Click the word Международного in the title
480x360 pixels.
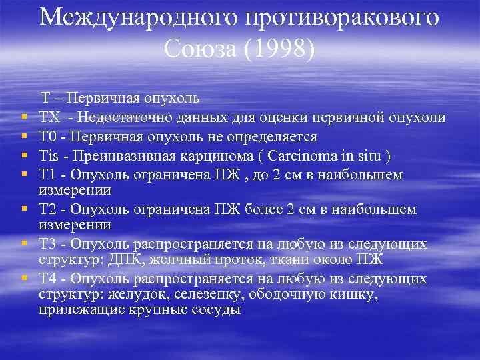pyautogui.click(x=139, y=17)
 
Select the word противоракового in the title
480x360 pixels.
pyautogui.click(x=343, y=17)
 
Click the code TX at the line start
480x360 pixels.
pyautogui.click(x=49, y=118)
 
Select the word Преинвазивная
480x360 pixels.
pyautogui.click(x=117, y=155)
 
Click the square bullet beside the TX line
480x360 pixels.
pyautogui.click(x=23, y=119)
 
